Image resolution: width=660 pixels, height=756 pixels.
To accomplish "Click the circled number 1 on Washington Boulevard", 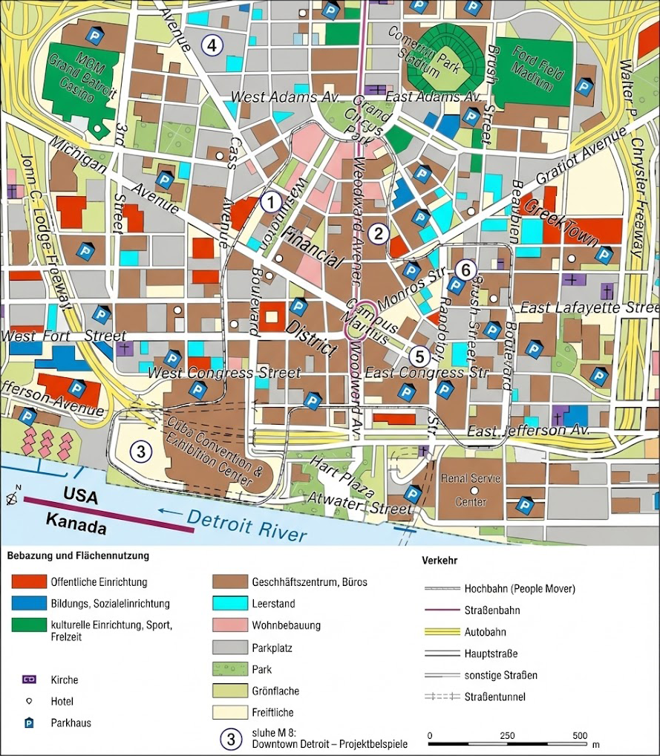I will pos(272,201).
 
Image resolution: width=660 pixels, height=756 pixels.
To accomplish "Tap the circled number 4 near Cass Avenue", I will pos(212,45).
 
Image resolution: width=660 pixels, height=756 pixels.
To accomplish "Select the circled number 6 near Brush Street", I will pos(465,270).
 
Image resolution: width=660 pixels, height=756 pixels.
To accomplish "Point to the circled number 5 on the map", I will pos(419,356).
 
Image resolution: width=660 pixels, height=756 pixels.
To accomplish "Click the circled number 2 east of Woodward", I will pos(379,233).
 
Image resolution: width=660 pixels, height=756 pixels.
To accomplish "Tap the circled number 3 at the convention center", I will pos(141,450).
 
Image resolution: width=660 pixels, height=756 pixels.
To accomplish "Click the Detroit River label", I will pos(246,524).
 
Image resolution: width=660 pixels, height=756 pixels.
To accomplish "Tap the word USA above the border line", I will pos(80,495).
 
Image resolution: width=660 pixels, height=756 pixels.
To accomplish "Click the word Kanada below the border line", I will pos(75,524).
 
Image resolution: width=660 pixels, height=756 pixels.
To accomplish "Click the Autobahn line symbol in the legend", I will pos(440,632).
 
